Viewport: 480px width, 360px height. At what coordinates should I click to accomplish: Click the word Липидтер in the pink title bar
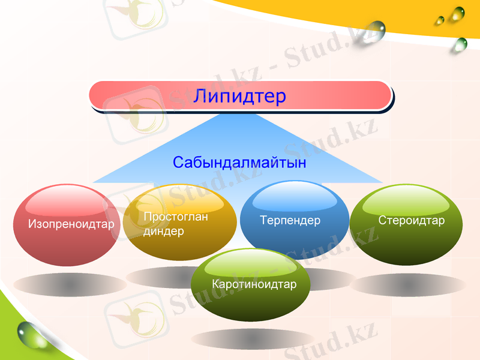pos(239,96)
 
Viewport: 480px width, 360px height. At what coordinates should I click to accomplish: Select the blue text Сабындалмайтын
pos(239,163)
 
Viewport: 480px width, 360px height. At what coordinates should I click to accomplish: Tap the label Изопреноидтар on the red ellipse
pos(71,225)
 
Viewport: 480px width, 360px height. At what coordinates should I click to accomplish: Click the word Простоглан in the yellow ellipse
pos(176,217)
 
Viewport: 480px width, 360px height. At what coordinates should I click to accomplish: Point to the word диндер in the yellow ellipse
pos(164,232)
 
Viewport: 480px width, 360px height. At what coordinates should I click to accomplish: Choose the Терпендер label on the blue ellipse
pos(290,220)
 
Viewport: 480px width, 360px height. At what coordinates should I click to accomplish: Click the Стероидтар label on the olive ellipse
pos(412,221)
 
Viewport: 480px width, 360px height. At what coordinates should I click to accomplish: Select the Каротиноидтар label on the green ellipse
pos(254,284)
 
